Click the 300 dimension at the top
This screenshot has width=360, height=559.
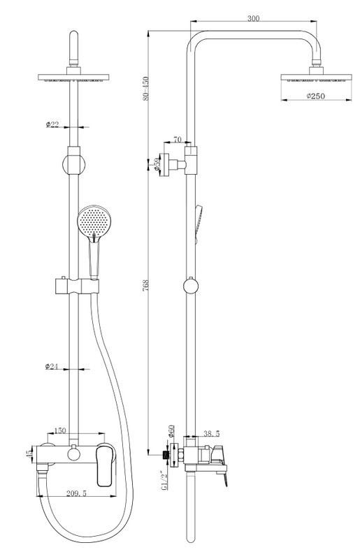253,18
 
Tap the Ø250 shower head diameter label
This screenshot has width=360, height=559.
316,96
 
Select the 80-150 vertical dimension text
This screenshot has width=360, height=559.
145,89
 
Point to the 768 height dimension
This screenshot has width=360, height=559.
145,286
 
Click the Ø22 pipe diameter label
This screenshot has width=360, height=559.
52,124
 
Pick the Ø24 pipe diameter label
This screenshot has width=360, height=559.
52,366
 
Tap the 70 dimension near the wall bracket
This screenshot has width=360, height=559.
178,139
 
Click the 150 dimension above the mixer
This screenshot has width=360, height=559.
59,430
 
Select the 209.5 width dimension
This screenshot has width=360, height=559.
76,493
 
